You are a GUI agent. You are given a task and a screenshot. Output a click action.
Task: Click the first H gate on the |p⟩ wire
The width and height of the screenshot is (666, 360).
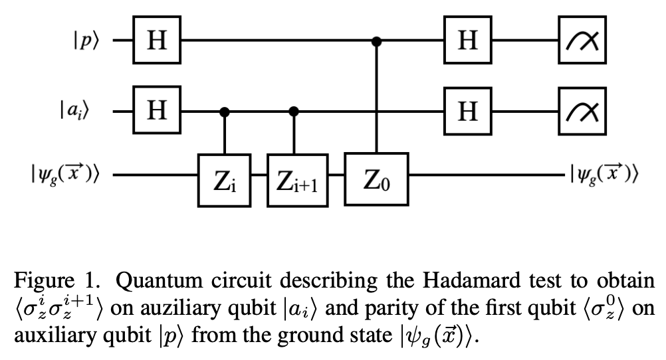(157, 41)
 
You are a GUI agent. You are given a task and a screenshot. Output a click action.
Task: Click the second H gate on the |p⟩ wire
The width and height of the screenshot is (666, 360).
(469, 41)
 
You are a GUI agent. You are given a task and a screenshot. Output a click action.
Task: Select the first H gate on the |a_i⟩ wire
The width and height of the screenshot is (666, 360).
(157, 110)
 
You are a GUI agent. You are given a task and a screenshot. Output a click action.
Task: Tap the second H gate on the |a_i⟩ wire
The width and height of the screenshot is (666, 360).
(469, 110)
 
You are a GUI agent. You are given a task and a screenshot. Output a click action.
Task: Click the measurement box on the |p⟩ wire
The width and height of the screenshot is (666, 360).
(583, 41)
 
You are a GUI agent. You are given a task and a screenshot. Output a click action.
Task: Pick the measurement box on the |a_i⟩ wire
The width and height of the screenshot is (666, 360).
(583, 110)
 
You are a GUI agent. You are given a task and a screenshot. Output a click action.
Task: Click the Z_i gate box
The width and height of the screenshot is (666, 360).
(224, 179)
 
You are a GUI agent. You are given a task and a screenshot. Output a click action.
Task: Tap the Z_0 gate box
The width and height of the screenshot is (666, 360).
(376, 179)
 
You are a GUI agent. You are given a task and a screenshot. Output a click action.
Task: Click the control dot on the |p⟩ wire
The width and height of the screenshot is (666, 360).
(377, 41)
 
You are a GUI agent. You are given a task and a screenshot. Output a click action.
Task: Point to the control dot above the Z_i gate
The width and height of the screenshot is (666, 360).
(225, 111)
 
